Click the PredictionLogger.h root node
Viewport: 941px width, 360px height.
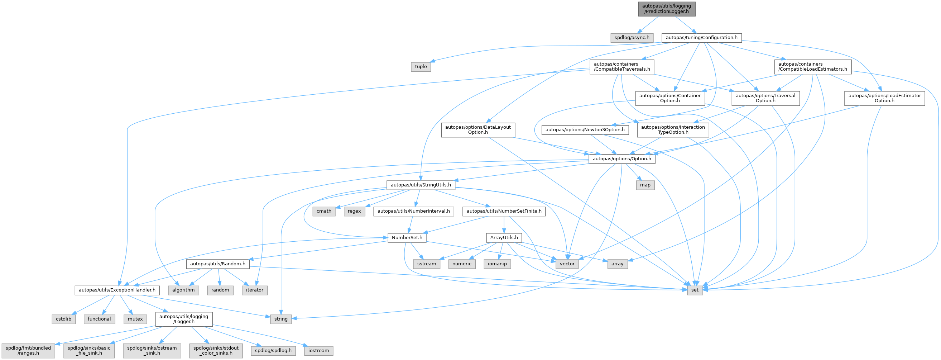point(667,9)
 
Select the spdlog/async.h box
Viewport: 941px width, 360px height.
point(632,37)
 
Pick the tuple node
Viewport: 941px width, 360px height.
point(421,67)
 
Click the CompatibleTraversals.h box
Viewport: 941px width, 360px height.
point(622,67)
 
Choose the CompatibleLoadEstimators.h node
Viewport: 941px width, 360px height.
point(812,67)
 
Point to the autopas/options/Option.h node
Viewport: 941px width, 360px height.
point(622,158)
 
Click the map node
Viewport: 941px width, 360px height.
point(645,185)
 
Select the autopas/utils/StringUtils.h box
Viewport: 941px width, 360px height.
point(421,185)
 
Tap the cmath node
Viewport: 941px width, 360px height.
point(324,211)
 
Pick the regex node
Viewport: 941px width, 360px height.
point(354,211)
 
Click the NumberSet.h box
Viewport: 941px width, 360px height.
point(407,238)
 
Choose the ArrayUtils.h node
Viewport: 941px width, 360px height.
point(504,238)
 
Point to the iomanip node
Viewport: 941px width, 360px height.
point(497,264)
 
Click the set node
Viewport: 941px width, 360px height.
point(695,290)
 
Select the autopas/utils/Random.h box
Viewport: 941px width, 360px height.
point(218,264)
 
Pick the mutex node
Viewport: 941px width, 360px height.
point(135,319)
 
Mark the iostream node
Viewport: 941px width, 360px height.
point(318,350)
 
